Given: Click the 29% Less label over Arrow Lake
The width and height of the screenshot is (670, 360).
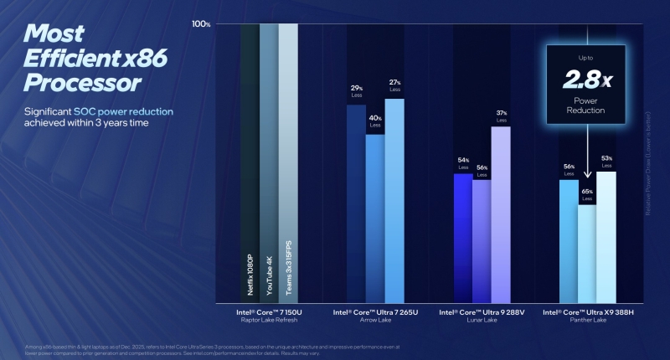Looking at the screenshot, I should pyautogui.click(x=356, y=90).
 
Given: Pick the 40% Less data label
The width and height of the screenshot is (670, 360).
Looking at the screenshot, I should pyautogui.click(x=375, y=121).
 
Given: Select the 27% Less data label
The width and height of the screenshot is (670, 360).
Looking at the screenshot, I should pyautogui.click(x=394, y=85).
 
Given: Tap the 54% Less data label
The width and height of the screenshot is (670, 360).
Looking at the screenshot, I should pyautogui.click(x=462, y=161).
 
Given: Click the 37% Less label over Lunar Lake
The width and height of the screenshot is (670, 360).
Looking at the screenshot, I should pyautogui.click(x=501, y=115).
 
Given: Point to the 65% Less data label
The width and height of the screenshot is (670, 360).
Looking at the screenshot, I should pyautogui.click(x=587, y=194).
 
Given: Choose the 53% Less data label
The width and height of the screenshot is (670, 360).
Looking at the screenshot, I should pyautogui.click(x=607, y=160).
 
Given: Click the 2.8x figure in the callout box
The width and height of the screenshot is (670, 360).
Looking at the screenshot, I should pyautogui.click(x=587, y=80).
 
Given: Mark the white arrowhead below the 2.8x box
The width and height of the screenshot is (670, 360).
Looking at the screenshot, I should pyautogui.click(x=587, y=176).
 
